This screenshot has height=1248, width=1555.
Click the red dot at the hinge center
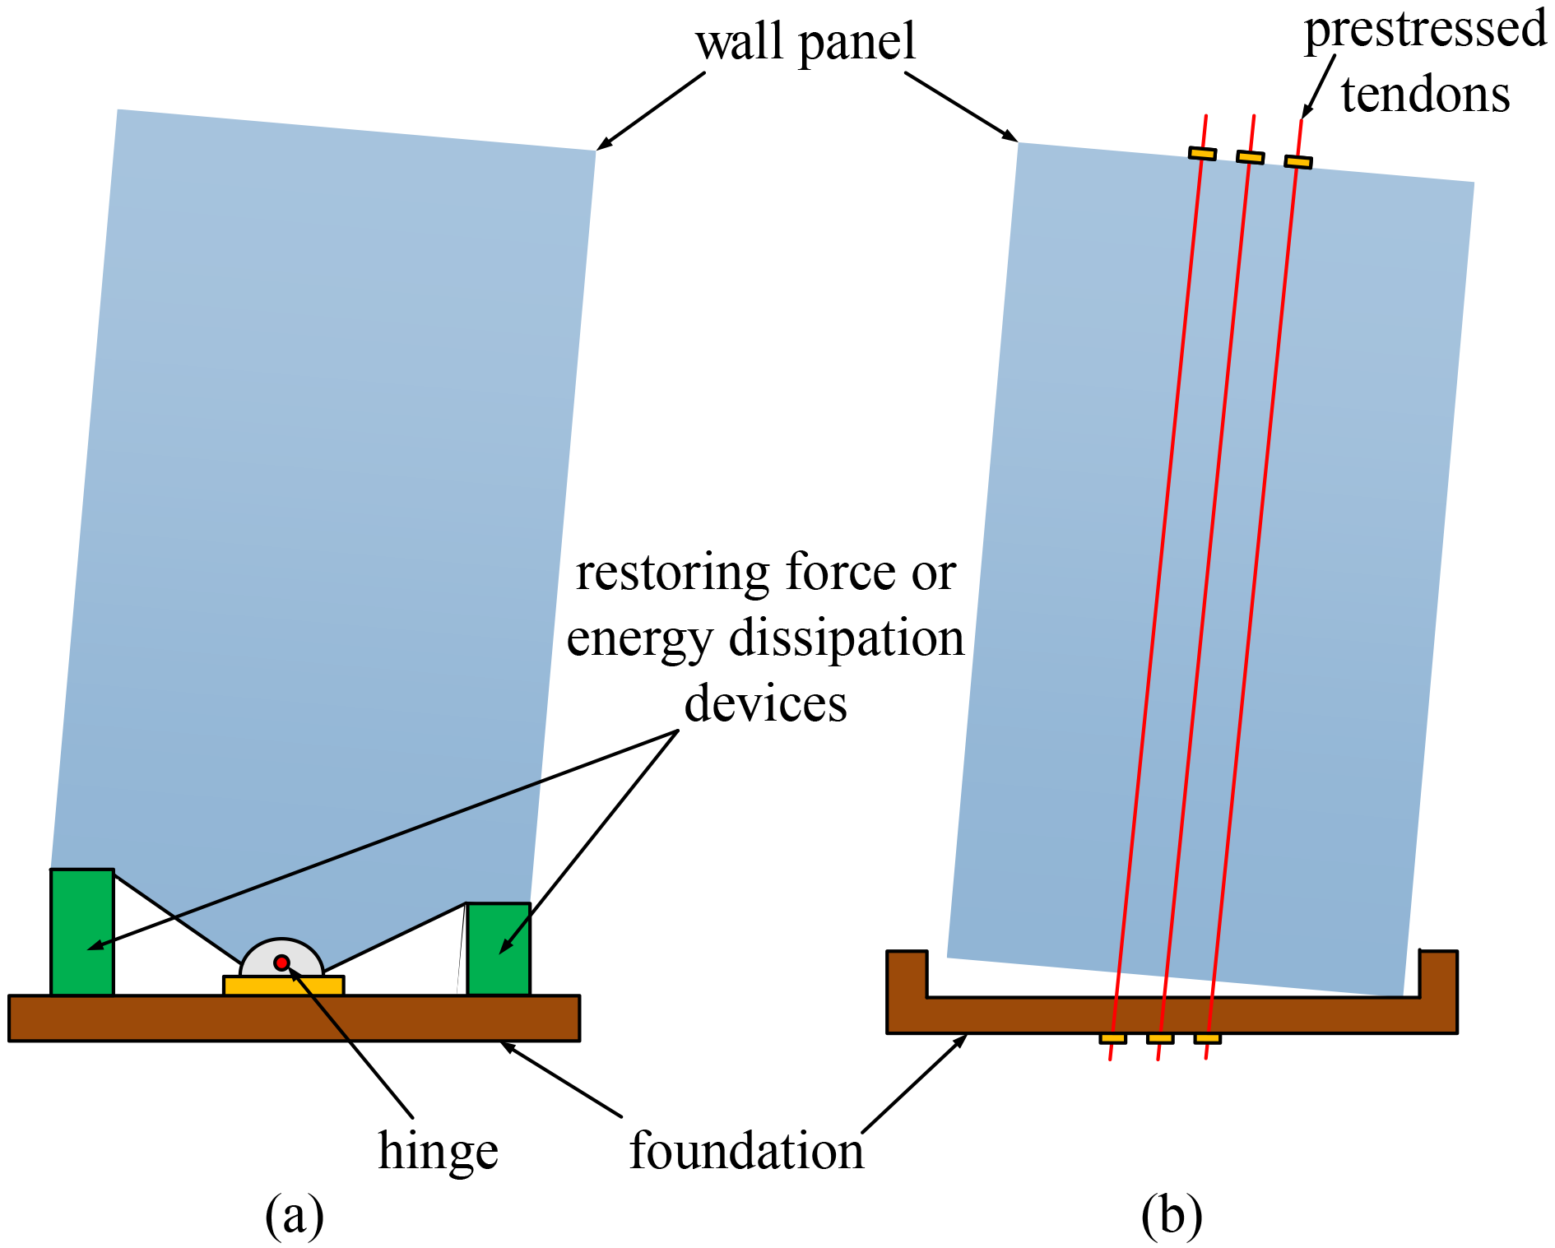point(281,963)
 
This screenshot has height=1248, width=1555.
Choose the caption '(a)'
point(295,1215)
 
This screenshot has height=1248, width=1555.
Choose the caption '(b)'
point(1172,1215)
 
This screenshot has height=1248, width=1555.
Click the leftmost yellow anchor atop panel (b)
point(1202,154)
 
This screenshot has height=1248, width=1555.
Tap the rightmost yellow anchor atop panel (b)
point(1298,162)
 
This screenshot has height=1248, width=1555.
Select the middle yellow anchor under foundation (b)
point(1160,1039)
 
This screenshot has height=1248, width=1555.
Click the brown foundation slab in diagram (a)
point(294,1018)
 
